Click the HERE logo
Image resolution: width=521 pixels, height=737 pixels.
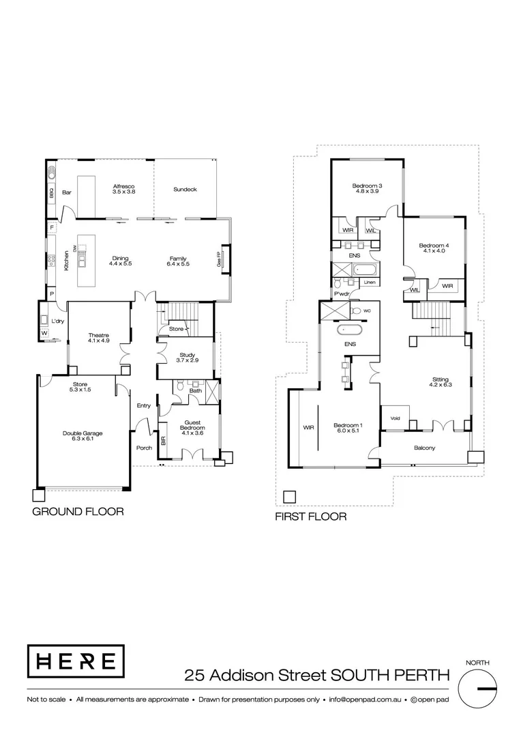tap(75, 661)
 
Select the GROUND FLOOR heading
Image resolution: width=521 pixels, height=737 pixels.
tap(78, 511)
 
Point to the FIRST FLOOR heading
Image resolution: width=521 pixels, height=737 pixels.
tap(310, 517)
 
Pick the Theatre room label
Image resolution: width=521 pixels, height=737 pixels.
tap(100, 338)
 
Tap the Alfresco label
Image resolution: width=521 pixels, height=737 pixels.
tap(124, 189)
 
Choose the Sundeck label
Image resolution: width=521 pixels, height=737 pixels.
tap(185, 189)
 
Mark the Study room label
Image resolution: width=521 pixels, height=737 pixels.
tap(187, 358)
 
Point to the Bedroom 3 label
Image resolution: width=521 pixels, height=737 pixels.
tap(367, 188)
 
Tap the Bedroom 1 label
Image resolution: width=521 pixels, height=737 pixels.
tap(348, 429)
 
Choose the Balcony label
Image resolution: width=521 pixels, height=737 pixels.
tap(424, 448)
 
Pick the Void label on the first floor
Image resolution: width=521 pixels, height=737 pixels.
tap(395, 418)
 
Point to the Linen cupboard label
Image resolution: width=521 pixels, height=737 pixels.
tap(370, 282)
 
